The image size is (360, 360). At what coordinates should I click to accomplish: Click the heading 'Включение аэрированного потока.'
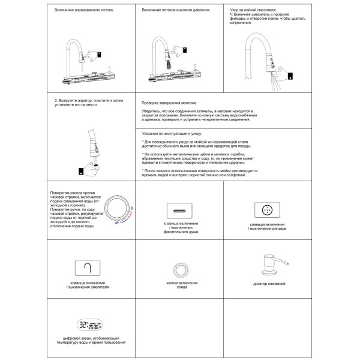point(84,10)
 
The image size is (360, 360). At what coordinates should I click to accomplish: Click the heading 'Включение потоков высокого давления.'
point(176,10)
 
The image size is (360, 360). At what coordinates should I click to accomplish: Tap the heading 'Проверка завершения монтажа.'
point(169,103)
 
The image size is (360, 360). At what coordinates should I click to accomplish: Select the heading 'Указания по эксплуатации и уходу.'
point(172,133)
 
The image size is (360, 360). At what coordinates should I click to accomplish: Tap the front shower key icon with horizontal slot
point(179,211)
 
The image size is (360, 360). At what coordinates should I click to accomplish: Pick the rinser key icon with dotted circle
point(267,210)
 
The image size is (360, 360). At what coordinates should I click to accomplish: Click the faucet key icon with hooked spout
point(88,268)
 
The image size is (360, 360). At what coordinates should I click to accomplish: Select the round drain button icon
point(181,270)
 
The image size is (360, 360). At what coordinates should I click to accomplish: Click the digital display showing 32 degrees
point(89,325)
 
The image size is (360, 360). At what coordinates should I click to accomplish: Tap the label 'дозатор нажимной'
point(269,284)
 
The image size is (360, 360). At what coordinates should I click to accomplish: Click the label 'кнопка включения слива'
point(182,285)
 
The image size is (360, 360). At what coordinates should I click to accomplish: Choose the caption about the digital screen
point(91,340)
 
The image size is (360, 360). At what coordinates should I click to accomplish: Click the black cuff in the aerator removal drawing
point(81,171)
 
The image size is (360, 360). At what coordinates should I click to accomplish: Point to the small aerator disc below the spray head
point(96,165)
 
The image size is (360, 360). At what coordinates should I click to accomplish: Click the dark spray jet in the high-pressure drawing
point(168,64)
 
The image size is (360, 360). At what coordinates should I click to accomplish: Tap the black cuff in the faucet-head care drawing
point(290,76)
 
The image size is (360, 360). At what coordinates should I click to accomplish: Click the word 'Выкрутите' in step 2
point(67,101)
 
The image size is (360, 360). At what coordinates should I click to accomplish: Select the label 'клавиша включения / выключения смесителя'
point(88,285)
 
